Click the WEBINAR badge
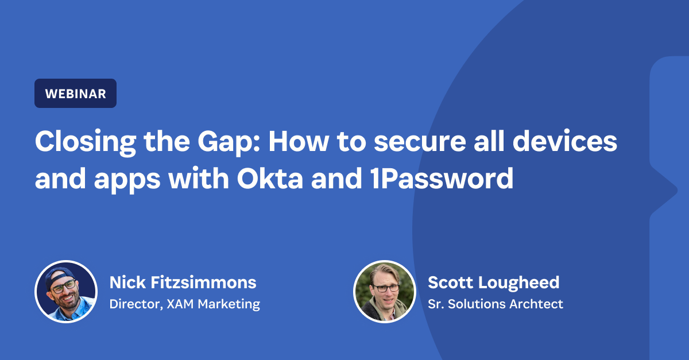pos(75,94)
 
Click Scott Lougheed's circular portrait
pos(384,291)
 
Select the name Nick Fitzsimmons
pos(183,282)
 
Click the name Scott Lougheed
pos(493,282)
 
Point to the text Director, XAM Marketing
pos(184,304)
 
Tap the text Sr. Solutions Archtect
pos(496,304)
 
